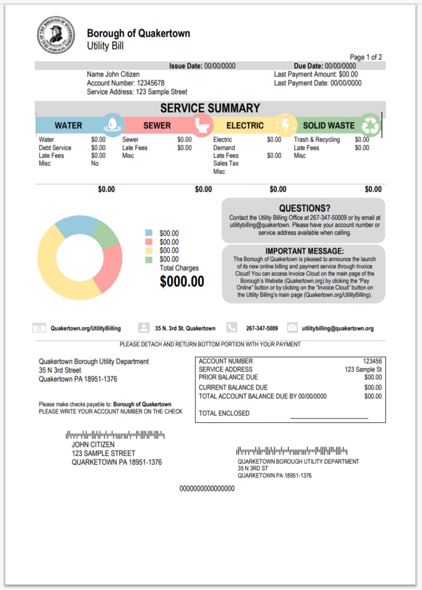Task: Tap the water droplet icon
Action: pos(113,124)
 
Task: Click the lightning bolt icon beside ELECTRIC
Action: pos(285,124)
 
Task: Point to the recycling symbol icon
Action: pos(370,125)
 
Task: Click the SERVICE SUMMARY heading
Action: pos(210,108)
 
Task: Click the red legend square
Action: pos(149,242)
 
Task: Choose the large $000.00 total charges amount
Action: pos(182,282)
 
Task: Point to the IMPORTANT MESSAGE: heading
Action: pos(304,251)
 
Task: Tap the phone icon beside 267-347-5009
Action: pos(232,328)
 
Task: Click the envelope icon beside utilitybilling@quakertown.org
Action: pos(292,328)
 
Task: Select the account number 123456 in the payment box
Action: pos(372,361)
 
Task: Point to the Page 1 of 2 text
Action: pos(366,57)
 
